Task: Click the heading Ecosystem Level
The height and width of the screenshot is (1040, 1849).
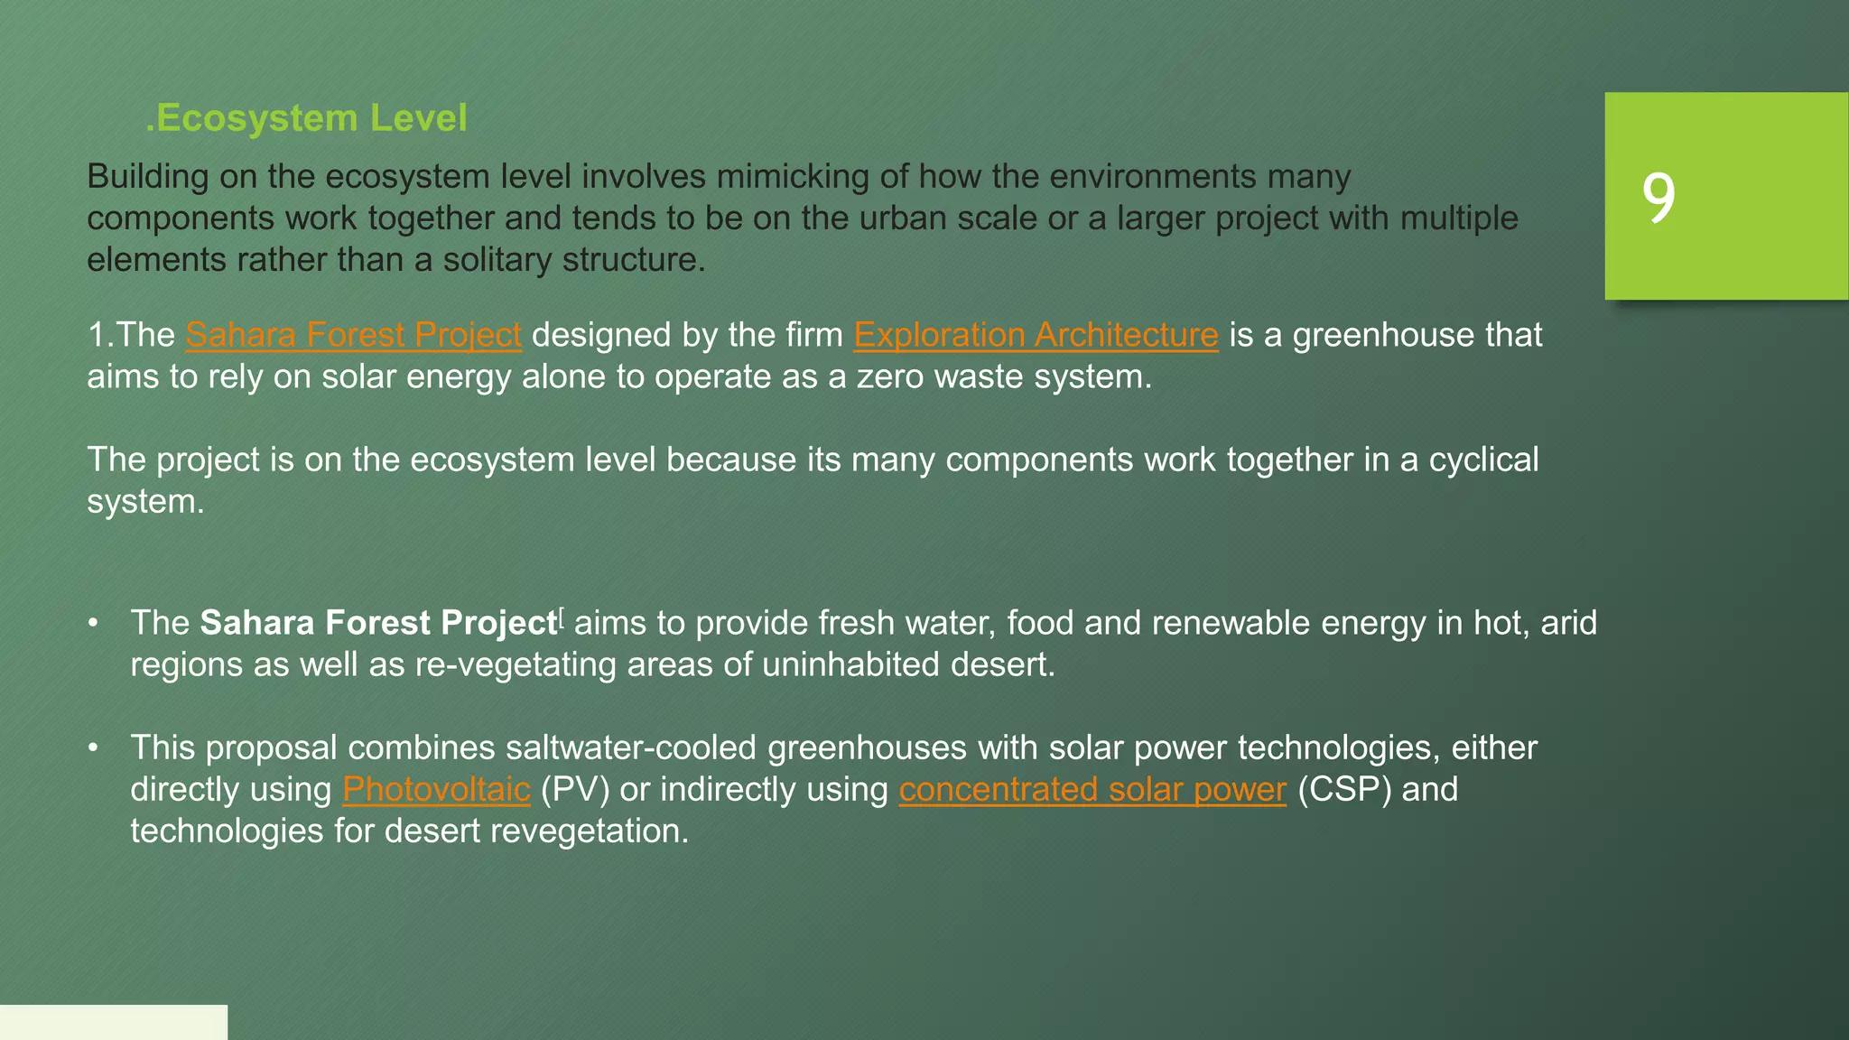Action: (x=307, y=118)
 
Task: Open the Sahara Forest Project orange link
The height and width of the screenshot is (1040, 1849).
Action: (x=353, y=335)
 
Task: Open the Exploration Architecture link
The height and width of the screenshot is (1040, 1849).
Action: (x=1036, y=335)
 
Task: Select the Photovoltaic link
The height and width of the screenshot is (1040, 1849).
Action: (x=436, y=790)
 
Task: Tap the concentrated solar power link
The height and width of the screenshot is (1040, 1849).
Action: (x=1092, y=790)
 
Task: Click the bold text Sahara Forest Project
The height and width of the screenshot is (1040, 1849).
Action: (x=377, y=624)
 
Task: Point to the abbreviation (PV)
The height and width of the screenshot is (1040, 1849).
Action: (x=574, y=790)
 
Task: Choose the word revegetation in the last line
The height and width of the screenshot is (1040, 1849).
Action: (x=587, y=831)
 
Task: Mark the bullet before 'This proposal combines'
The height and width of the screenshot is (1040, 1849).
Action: (x=92, y=748)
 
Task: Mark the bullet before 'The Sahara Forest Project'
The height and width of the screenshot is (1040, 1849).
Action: (x=92, y=624)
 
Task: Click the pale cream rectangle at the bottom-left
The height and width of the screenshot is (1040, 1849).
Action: (x=113, y=1022)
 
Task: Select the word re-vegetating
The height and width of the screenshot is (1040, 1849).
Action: (x=516, y=665)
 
